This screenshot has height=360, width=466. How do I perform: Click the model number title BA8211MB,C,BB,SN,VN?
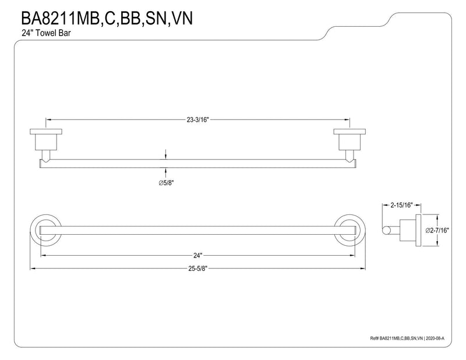(107, 18)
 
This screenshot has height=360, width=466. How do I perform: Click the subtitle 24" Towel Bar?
(46, 33)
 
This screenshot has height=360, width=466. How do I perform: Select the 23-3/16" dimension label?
(198, 120)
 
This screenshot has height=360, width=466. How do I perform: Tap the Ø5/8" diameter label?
(166, 183)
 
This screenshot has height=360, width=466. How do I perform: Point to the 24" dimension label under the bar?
(197, 255)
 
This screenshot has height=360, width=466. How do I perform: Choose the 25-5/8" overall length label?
(197, 269)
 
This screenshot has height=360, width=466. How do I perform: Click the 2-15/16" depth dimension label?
(402, 205)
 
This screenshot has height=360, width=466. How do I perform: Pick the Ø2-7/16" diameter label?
(437, 230)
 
